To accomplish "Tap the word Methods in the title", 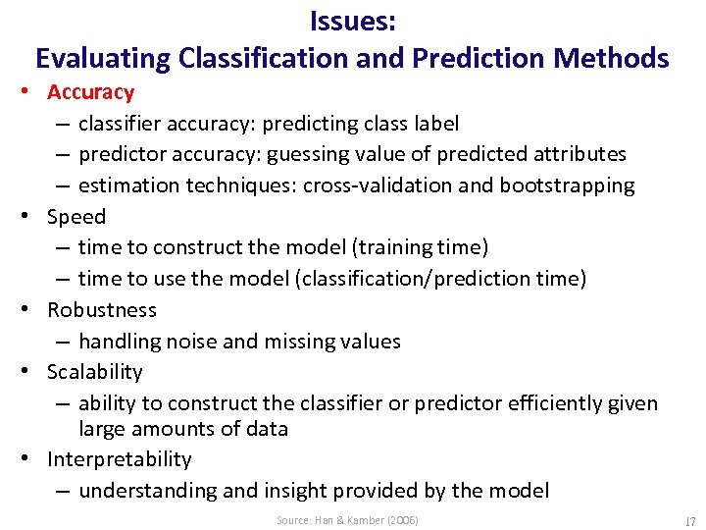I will pyautogui.click(x=611, y=58).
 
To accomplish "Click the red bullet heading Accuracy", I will pyautogui.click(x=90, y=92).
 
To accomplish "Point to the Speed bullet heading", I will pyautogui.click(x=76, y=217).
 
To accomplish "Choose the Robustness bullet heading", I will pyautogui.click(x=102, y=310).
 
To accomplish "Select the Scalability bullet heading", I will pyautogui.click(x=95, y=372).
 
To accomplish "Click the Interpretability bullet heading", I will pyautogui.click(x=120, y=459).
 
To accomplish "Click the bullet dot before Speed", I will pyautogui.click(x=33, y=217).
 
